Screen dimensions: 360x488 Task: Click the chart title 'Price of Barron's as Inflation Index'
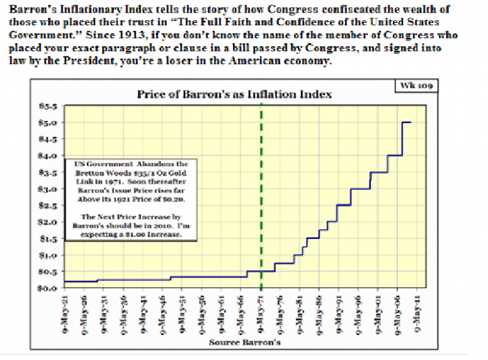pyautogui.click(x=234, y=94)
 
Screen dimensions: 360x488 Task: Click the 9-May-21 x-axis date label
pyautogui.click(x=65, y=313)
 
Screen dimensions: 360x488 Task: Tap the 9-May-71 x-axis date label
pyautogui.click(x=261, y=313)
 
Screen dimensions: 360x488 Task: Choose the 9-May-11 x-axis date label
pyautogui.click(x=418, y=313)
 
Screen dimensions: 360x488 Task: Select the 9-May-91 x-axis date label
pyautogui.click(x=340, y=313)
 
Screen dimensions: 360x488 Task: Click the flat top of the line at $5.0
pyautogui.click(x=407, y=122)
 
